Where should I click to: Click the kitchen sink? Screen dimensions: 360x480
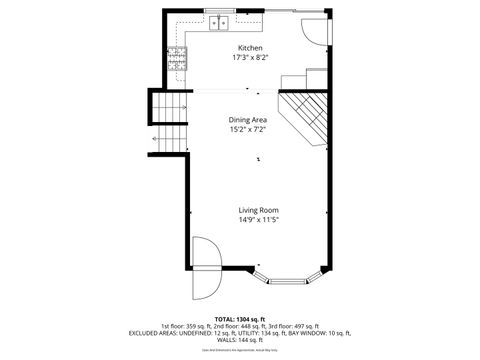(220, 22)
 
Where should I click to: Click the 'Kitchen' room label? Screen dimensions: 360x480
(249, 48)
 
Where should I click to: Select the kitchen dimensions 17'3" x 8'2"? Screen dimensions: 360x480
(249, 58)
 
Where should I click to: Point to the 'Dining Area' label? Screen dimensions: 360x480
(247, 119)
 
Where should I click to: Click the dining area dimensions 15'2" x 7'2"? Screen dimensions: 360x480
(247, 129)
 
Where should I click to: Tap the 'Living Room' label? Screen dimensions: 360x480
(258, 210)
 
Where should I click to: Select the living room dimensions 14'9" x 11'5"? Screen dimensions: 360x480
(258, 220)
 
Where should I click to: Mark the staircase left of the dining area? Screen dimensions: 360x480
(168, 120)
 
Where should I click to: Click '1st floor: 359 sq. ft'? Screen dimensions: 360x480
(188, 326)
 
